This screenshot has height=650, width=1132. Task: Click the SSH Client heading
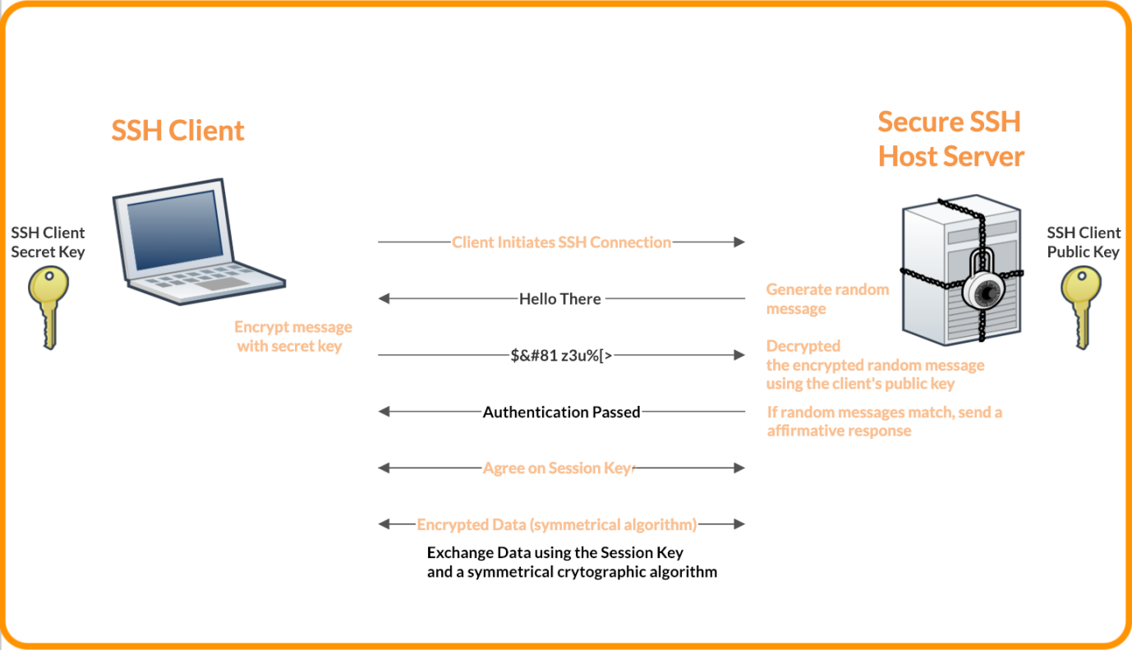point(177,131)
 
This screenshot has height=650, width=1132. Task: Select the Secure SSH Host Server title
point(950,138)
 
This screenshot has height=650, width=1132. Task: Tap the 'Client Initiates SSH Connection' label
point(561,242)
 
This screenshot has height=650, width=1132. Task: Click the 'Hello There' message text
point(559,299)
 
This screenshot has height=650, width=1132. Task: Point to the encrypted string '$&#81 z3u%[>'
point(561,356)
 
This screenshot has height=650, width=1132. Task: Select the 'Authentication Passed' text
point(561,413)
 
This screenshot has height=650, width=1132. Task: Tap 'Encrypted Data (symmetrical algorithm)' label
point(557,524)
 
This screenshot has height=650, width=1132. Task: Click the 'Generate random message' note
point(826,299)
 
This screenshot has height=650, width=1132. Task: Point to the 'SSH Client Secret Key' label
point(48,242)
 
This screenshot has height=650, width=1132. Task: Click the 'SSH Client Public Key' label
point(1083,242)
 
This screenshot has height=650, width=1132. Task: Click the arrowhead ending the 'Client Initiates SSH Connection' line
point(739,242)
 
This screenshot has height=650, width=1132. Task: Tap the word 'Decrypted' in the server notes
point(803,346)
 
